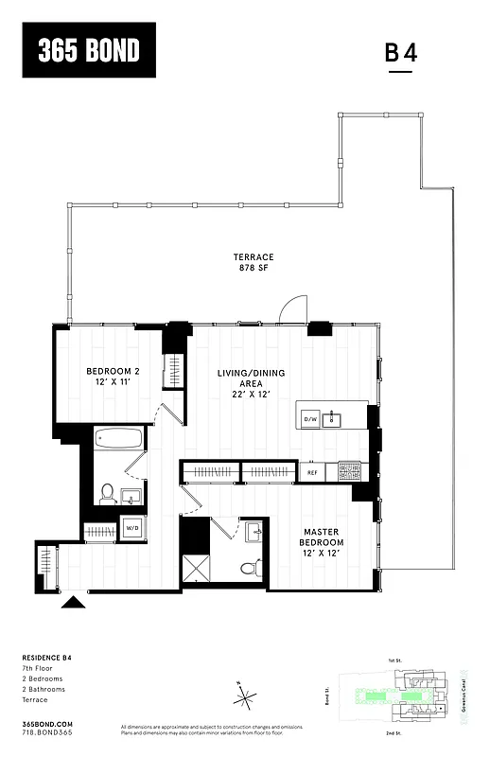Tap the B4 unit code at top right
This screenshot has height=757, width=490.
click(x=400, y=53)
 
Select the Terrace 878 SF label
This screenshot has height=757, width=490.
click(x=254, y=263)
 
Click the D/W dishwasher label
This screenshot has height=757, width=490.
click(x=309, y=417)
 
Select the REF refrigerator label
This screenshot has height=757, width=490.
click(x=312, y=471)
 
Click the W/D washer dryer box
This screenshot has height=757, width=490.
click(x=131, y=528)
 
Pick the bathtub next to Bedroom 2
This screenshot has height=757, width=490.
click(x=118, y=439)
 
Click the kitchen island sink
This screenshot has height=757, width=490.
click(x=331, y=418)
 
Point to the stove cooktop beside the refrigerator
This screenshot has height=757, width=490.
click(x=349, y=470)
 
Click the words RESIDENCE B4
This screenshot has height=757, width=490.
click(x=46, y=657)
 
